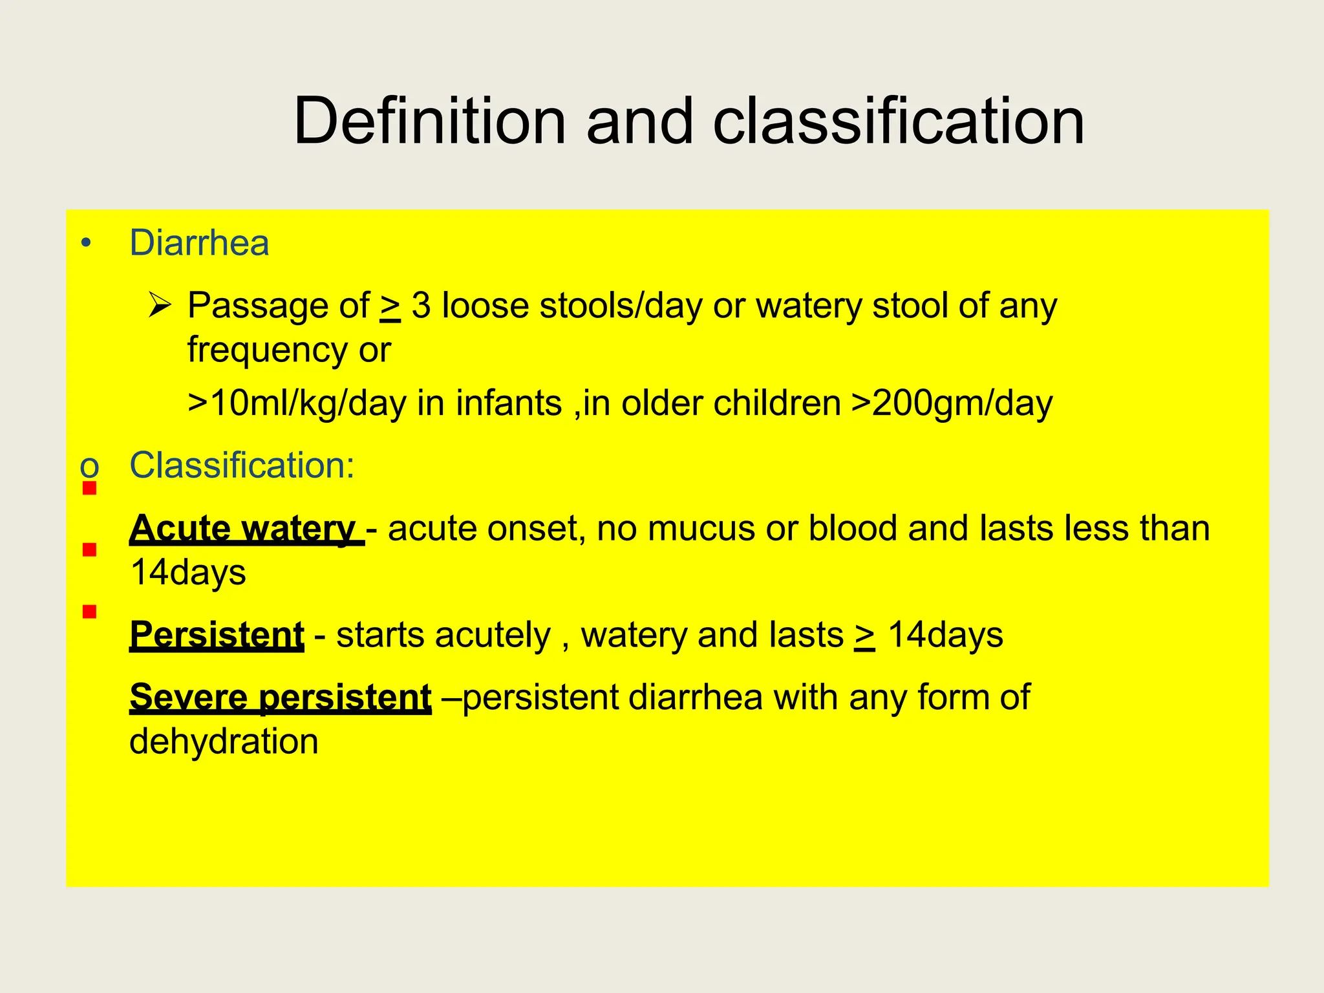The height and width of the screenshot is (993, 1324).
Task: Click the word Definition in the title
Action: [430, 122]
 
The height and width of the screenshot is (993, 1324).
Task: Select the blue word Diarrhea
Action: [199, 243]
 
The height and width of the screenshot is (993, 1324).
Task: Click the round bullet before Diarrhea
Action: [86, 244]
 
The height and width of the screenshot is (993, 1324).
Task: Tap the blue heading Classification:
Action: [242, 465]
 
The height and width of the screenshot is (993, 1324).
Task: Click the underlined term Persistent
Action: [217, 634]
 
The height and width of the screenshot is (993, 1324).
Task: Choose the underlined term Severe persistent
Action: [280, 698]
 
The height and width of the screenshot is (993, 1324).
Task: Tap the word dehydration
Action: [224, 742]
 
